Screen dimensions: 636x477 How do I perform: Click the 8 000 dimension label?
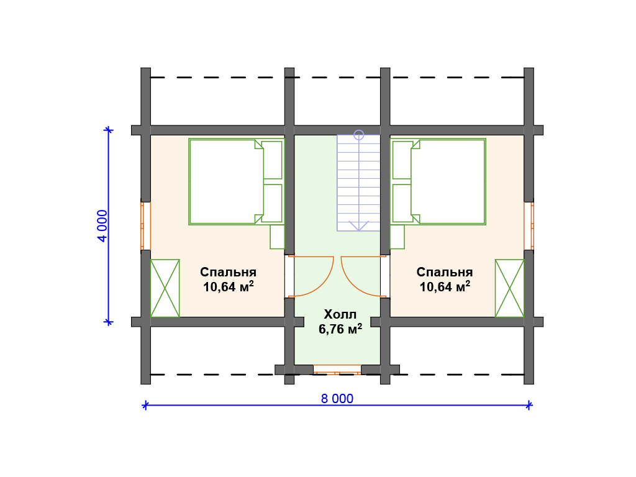coord(337,399)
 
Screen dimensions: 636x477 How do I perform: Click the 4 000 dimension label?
coord(102,226)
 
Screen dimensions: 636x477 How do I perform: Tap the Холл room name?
coord(340,314)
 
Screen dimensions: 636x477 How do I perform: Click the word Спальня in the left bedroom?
coord(228,272)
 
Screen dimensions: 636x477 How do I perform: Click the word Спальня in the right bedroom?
coord(445,272)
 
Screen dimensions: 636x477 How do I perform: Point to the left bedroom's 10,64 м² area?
coord(229,286)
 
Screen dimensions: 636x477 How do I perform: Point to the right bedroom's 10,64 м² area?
coord(445,286)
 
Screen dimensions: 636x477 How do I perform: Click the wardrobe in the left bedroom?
coord(165,288)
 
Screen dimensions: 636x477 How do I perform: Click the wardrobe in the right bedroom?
coord(509,288)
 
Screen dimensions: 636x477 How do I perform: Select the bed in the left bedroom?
coord(236,182)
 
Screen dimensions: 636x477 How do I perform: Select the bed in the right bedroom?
coord(438,182)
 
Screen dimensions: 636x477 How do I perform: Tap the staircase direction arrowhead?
coord(358,226)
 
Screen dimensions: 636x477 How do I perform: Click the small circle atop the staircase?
coord(358,135)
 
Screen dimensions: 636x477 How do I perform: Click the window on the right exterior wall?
coord(529,226)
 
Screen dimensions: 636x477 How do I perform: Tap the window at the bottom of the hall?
coord(337,370)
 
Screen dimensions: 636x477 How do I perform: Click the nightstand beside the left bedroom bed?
coord(277,237)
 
